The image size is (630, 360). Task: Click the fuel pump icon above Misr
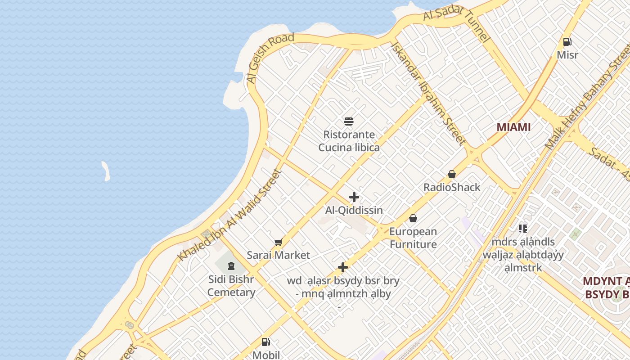tap(567, 42)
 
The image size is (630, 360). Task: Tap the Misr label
tap(567, 55)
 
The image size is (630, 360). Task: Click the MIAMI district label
tap(513, 127)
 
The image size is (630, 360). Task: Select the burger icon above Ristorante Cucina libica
tap(349, 121)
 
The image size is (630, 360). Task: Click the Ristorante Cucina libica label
tap(349, 141)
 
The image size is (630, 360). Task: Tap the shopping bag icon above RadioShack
tap(452, 174)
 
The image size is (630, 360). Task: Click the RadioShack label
tap(452, 187)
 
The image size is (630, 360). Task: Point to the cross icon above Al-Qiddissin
tap(354, 197)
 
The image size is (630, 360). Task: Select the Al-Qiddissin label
tap(354, 210)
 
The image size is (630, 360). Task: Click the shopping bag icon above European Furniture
tap(413, 219)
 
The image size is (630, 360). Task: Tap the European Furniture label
tap(413, 238)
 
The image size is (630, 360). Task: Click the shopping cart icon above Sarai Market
tap(279, 243)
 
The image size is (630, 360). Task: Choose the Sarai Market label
tap(279, 255)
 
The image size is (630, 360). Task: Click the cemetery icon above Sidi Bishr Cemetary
tap(231, 265)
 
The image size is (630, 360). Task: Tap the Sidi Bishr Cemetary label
tap(231, 285)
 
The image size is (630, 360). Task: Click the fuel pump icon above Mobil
tap(266, 342)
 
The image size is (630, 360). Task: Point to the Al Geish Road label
tap(270, 58)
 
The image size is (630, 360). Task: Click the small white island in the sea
tap(106, 171)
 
